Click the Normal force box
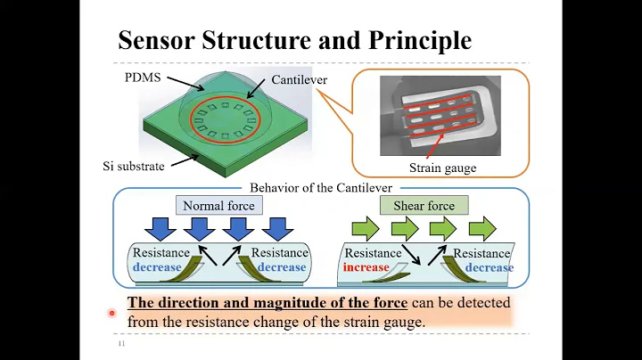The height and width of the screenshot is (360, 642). (218, 206)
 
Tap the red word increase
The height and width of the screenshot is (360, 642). (366, 266)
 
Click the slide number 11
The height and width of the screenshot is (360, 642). (121, 343)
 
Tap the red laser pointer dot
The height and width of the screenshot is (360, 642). (112, 313)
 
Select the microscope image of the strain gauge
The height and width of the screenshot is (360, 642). (439, 116)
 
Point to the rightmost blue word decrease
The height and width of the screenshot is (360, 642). (489, 266)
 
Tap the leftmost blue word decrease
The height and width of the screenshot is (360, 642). (157, 266)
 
